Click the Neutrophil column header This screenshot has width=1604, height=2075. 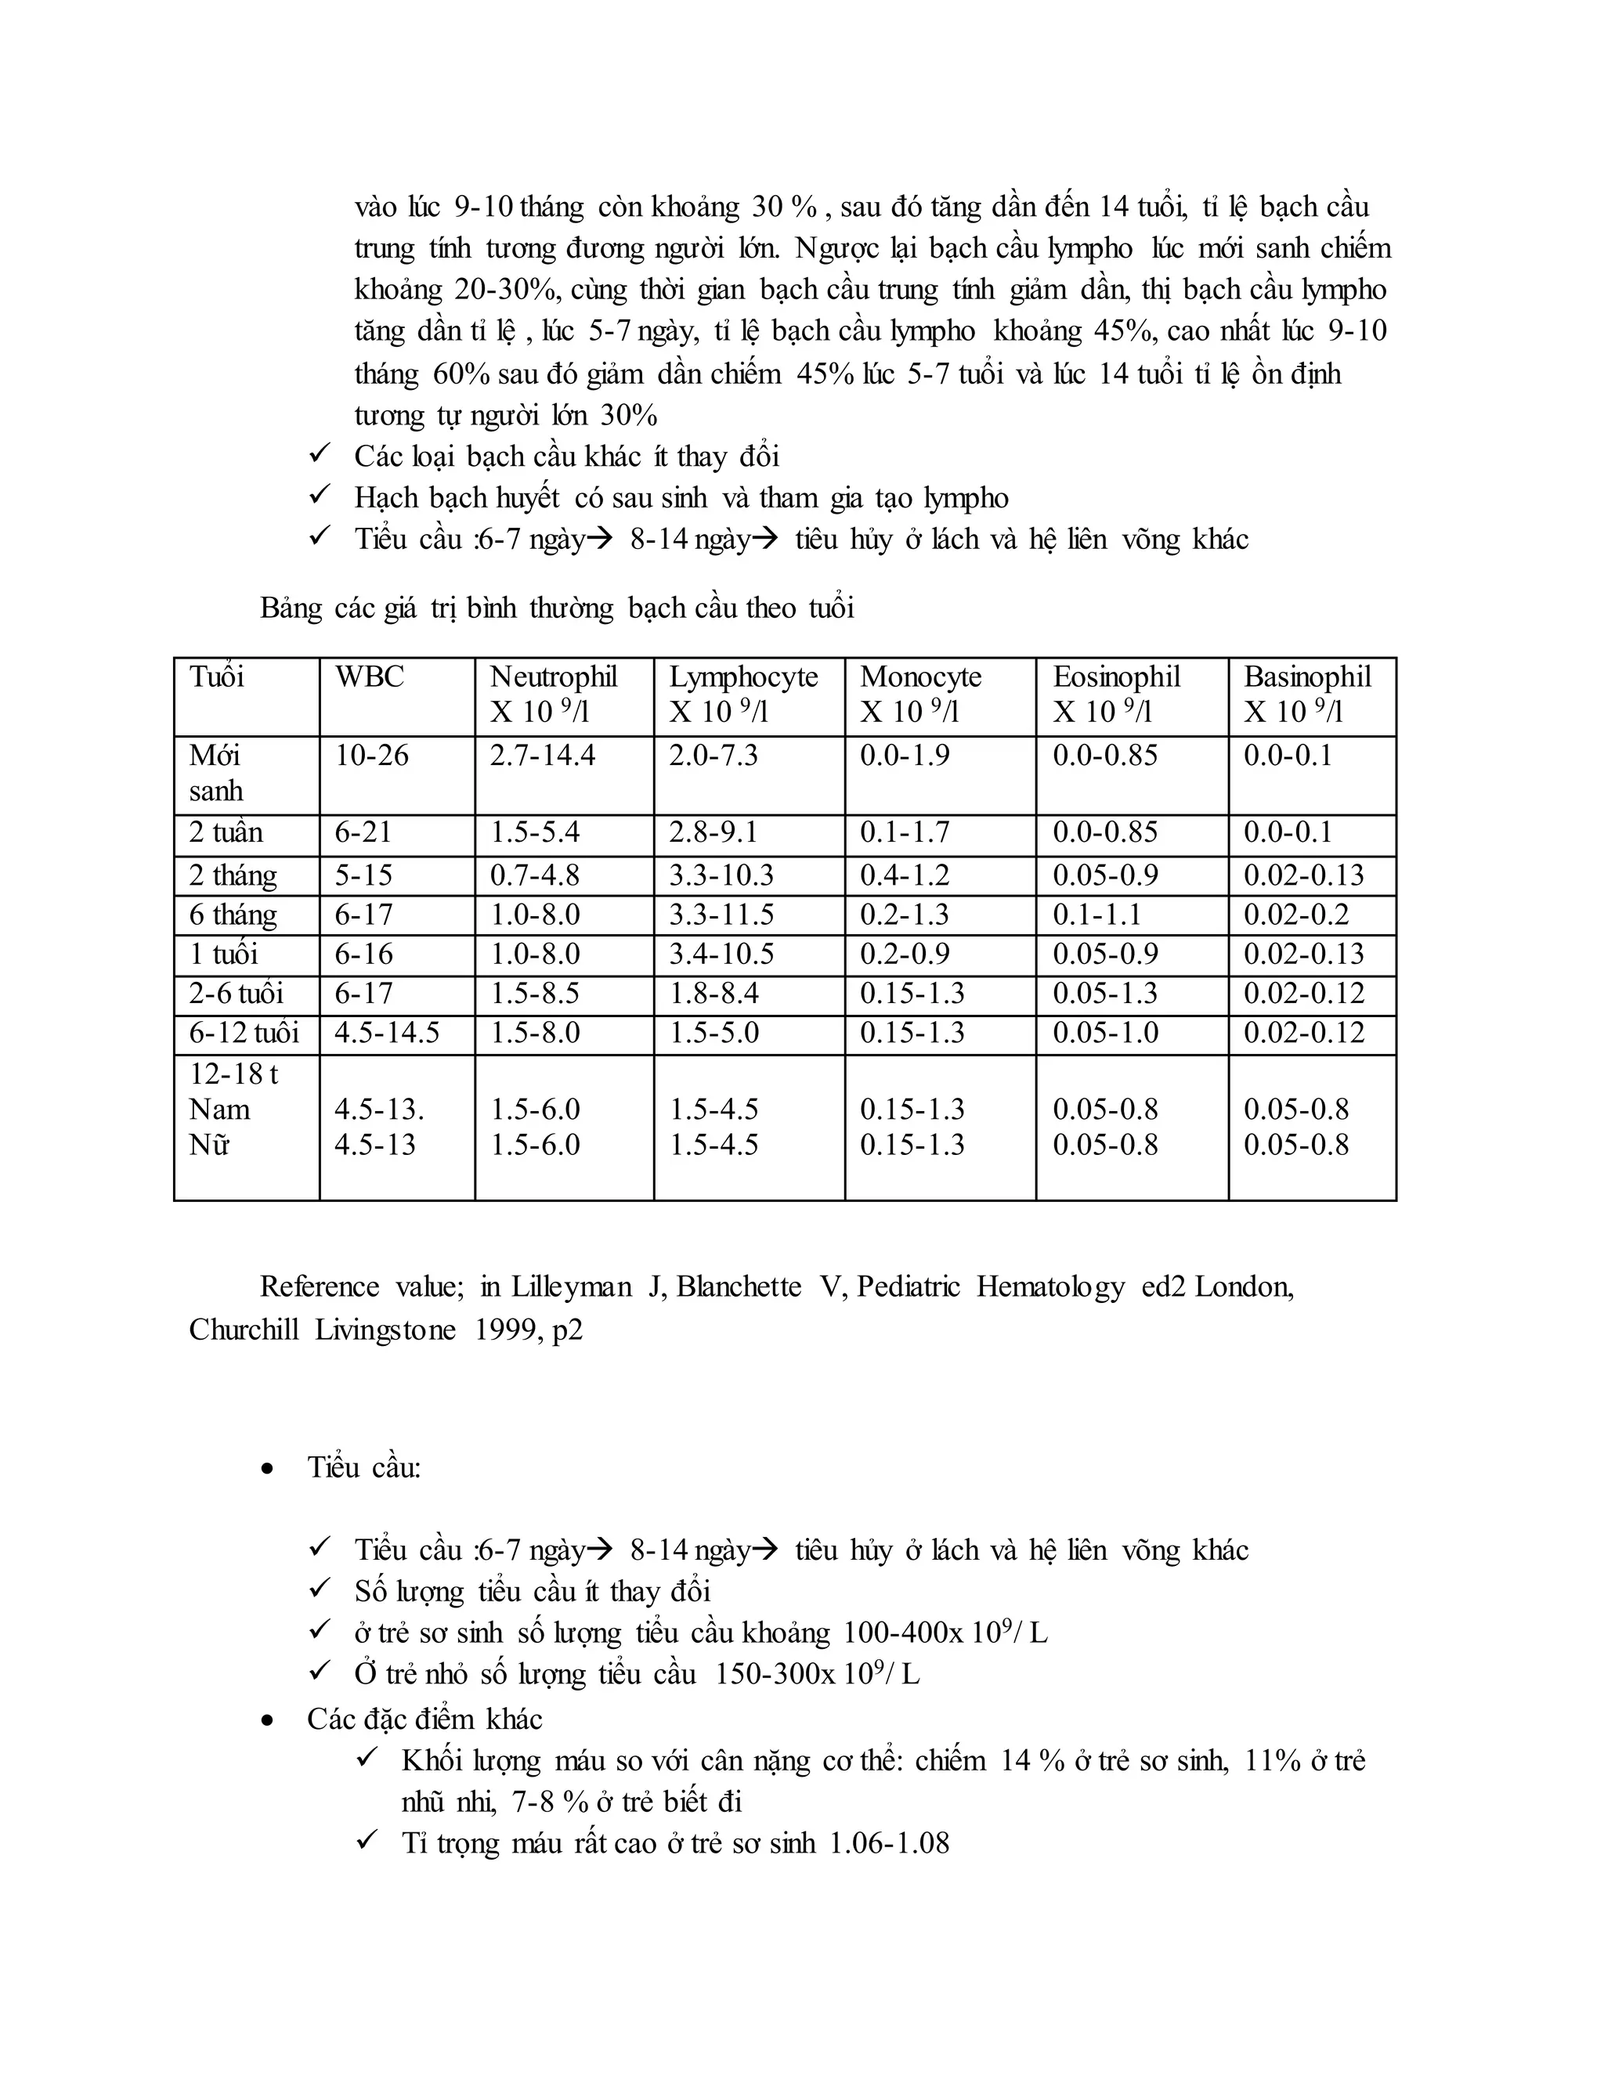pyautogui.click(x=553, y=677)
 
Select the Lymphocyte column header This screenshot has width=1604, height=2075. pyautogui.click(x=743, y=677)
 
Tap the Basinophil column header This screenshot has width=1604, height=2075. pyautogui.click(x=1307, y=677)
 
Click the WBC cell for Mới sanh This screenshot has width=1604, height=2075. pyautogui.click(x=371, y=756)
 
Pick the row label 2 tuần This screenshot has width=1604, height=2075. pyautogui.click(x=226, y=833)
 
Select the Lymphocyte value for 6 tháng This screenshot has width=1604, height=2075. pyautogui.click(x=721, y=915)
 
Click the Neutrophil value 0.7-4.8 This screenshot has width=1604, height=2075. pyautogui.click(x=534, y=875)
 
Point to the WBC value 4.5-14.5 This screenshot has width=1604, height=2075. pyautogui.click(x=387, y=1033)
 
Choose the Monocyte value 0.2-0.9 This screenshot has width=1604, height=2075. pyautogui.click(x=905, y=954)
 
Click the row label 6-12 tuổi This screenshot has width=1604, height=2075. pyautogui.click(x=244, y=1033)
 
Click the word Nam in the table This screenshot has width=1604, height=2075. pyautogui.click(x=219, y=1110)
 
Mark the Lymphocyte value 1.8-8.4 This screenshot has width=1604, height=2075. pyautogui.click(x=713, y=994)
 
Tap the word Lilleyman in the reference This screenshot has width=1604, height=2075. pyautogui.click(x=571, y=1287)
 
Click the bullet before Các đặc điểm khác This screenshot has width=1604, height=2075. pyautogui.click(x=268, y=1720)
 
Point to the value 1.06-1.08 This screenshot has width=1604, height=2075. pyautogui.click(x=890, y=1844)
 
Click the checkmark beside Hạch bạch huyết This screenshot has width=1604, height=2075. pyautogui.click(x=320, y=495)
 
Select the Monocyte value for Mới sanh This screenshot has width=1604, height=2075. pyautogui.click(x=905, y=756)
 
